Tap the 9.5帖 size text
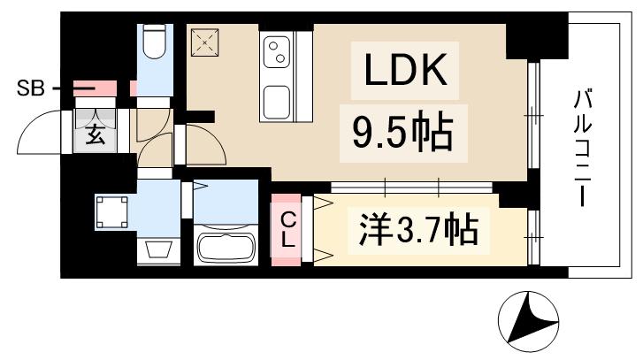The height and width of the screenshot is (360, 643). click(x=402, y=133)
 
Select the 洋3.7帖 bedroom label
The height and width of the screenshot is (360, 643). click(x=419, y=231)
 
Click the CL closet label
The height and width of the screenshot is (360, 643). click(x=288, y=229)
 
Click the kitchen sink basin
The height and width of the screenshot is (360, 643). click(x=279, y=101)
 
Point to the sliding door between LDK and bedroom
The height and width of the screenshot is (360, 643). click(x=411, y=187)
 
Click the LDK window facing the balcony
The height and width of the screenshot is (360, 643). click(x=533, y=115)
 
